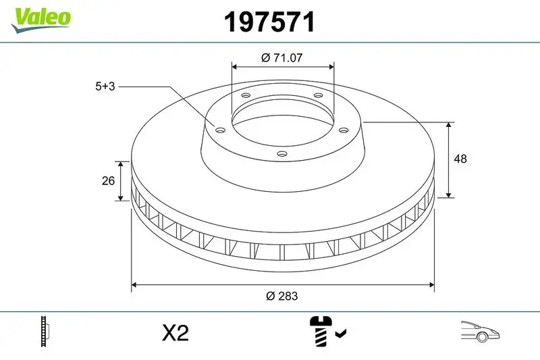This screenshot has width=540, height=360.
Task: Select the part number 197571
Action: (x=269, y=23)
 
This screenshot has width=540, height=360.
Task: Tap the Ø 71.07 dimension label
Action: (x=281, y=58)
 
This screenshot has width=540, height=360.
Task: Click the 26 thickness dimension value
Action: (x=107, y=181)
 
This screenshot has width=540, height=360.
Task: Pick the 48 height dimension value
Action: (x=461, y=159)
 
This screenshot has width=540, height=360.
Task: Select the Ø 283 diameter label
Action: (x=282, y=296)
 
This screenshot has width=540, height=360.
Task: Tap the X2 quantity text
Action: (x=175, y=333)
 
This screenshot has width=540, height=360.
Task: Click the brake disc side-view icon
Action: (x=46, y=332)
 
